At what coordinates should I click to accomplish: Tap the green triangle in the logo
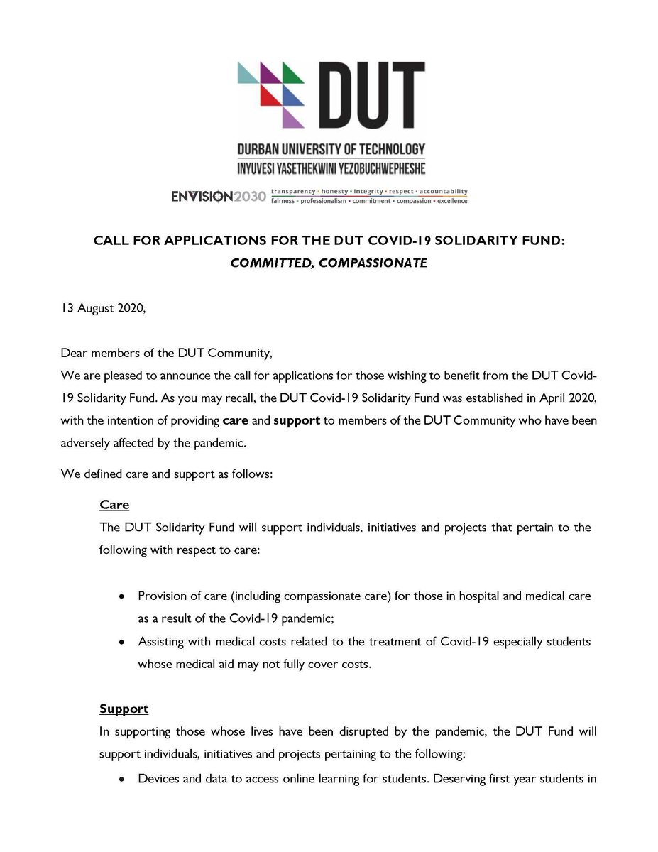pos(291,72)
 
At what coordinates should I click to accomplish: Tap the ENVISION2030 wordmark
pos(218,196)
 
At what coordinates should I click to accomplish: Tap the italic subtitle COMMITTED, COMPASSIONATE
pos(329,263)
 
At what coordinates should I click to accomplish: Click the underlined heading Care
pos(114,506)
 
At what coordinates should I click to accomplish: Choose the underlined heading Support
pos(124,709)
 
